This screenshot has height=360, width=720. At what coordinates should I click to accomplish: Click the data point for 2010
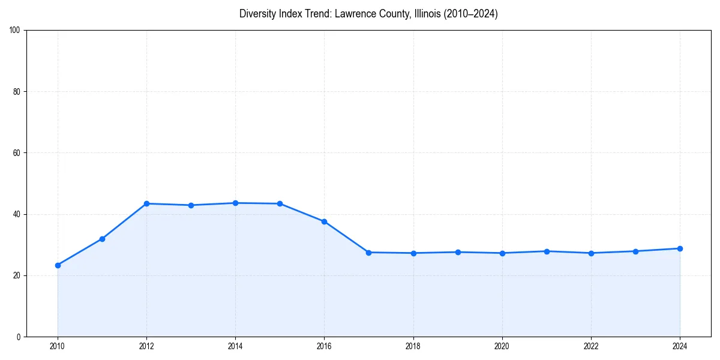[58, 265]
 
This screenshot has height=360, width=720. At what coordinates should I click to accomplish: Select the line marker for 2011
[102, 239]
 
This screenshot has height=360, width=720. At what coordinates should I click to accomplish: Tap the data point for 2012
[146, 203]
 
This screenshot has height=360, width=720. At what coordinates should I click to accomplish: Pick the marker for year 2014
[235, 203]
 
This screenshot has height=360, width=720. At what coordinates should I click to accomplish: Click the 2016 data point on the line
[324, 221]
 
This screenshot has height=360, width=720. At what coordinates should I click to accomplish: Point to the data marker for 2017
[368, 253]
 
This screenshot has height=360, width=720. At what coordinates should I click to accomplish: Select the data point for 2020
[502, 253]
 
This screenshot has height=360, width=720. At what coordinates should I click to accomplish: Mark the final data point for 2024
[680, 248]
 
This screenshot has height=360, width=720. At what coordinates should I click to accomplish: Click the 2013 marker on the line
[191, 205]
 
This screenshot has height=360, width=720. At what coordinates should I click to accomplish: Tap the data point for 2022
[591, 253]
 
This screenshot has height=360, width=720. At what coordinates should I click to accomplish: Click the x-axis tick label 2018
[413, 346]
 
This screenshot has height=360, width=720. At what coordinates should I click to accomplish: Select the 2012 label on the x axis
[146, 346]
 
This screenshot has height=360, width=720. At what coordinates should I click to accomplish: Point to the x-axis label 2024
[680, 346]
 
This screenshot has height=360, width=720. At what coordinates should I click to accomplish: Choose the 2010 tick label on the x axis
[58, 346]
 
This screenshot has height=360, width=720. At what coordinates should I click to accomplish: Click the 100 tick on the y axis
[15, 31]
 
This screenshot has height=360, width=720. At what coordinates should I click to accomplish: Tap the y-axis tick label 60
[17, 153]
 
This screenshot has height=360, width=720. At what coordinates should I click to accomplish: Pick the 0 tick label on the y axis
[19, 337]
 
